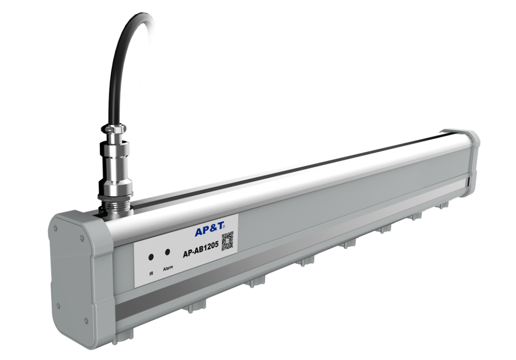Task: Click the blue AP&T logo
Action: pyautogui.click(x=208, y=231)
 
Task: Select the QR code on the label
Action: pyautogui.click(x=228, y=240)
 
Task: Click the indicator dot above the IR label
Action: pyautogui.click(x=151, y=257)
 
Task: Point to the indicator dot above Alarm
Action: pyautogui.click(x=167, y=252)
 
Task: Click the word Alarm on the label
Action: pyautogui.click(x=168, y=268)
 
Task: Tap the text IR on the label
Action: pyautogui.click(x=151, y=273)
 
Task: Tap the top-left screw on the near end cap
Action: pyautogui.click(x=56, y=229)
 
